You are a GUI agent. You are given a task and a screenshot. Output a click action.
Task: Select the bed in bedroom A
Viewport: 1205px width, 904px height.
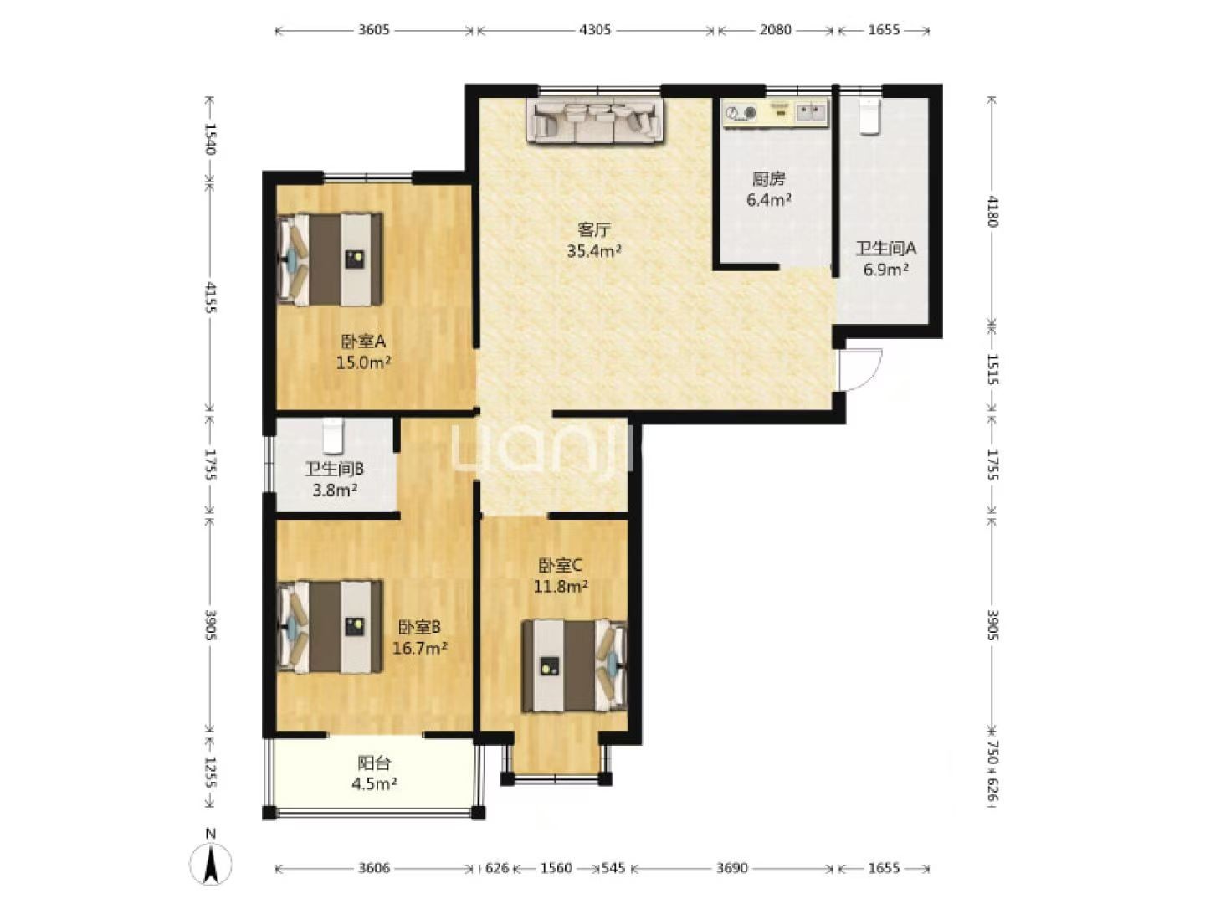point(331,259)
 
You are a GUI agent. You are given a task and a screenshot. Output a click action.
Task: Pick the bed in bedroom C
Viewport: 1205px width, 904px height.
point(574,665)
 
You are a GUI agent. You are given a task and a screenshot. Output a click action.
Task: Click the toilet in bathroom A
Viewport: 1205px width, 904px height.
point(869,116)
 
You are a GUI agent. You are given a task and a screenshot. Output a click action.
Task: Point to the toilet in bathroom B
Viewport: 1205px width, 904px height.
point(332,436)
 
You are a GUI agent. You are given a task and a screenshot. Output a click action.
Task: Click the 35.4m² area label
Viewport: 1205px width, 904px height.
point(594,251)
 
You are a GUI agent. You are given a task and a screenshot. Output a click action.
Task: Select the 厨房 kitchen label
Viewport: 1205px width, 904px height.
point(768,178)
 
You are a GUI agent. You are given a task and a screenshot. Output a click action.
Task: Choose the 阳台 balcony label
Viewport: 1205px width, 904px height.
point(374,763)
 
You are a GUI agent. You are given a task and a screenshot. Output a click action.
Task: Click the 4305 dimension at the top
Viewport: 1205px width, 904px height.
point(594,29)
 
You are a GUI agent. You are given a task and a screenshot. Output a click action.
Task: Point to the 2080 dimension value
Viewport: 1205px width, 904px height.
point(775,29)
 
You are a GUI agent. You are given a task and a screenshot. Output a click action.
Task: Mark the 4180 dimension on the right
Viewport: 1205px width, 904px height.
point(992,211)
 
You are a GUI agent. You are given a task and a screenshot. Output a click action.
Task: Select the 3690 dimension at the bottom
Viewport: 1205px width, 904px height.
point(731,868)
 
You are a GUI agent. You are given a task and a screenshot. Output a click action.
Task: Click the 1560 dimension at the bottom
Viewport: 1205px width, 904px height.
point(556,868)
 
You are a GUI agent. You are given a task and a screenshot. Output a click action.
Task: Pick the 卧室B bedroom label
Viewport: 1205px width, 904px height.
point(419,627)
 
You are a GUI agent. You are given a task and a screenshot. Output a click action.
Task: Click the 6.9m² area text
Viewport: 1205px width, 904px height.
point(885,270)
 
